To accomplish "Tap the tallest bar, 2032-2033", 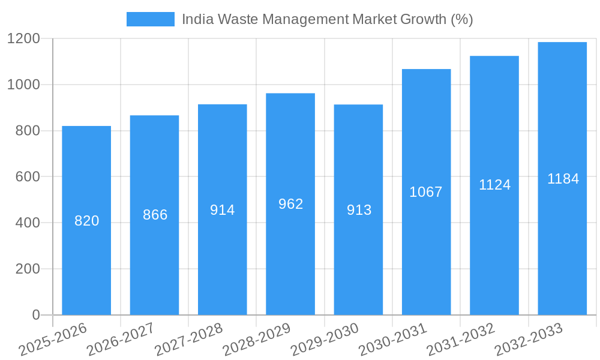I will point(562,252).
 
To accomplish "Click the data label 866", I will point(155,215).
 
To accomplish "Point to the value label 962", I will point(290,204).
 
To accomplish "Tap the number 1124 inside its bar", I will point(494,185).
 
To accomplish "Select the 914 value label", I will point(223,210).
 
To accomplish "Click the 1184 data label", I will point(563,179).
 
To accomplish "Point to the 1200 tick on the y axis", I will point(23,39).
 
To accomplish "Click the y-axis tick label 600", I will point(28,177).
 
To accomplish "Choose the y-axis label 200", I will point(28,269).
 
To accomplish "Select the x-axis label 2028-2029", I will point(257,339).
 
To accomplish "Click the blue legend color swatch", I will point(150,19).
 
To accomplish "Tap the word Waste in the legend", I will point(236,19).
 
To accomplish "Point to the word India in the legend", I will point(196,19).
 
